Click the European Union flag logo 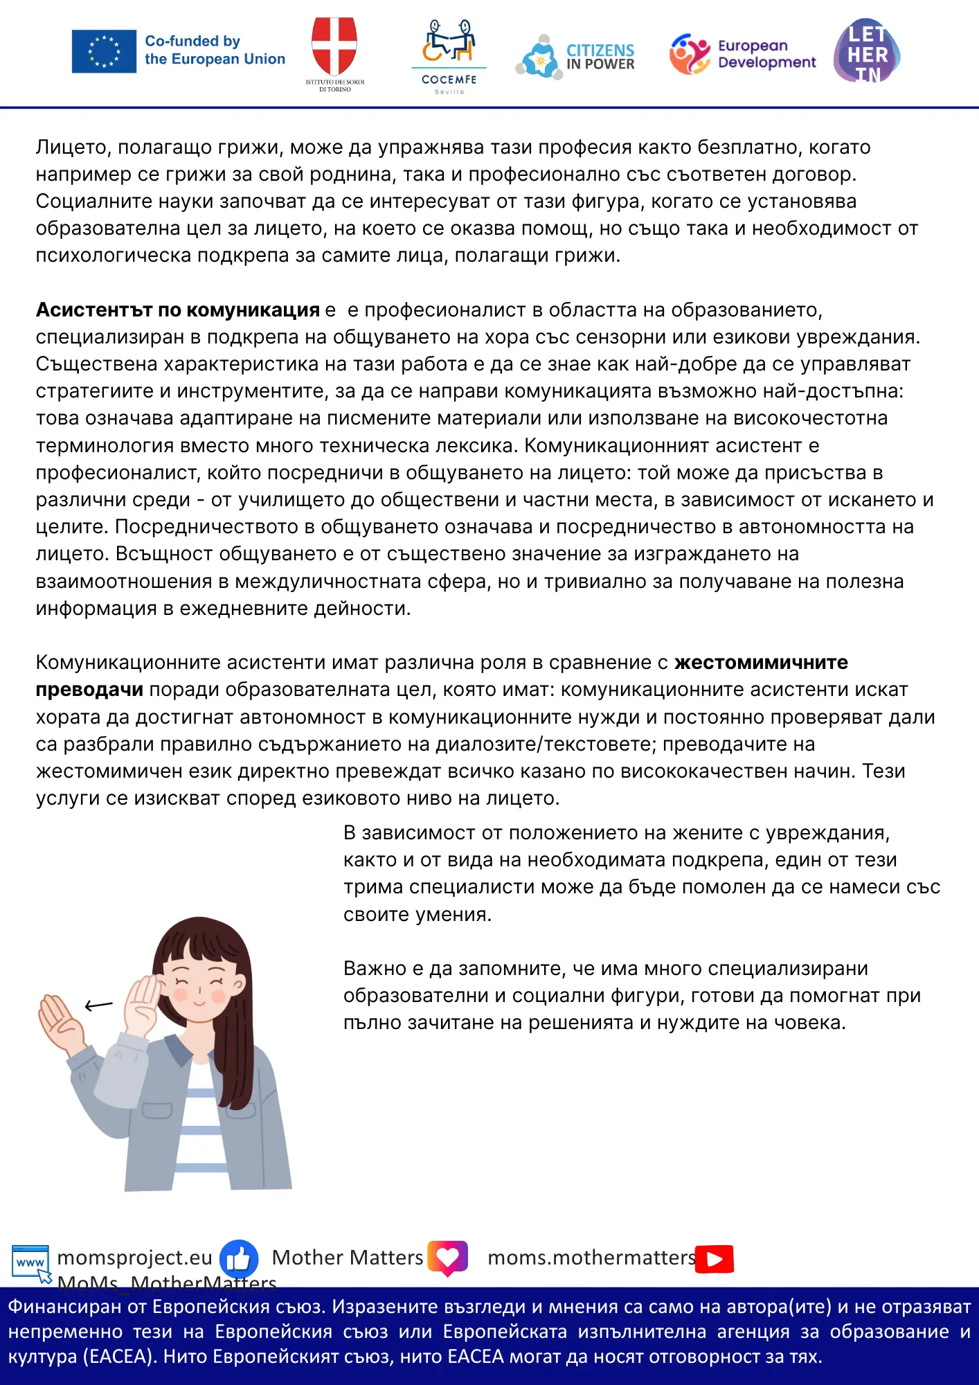click(104, 51)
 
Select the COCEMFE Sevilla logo click(449, 55)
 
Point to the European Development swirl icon click(690, 54)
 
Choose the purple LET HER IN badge click(867, 51)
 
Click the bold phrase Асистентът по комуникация click(177, 310)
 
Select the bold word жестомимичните click(761, 663)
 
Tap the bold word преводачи click(89, 690)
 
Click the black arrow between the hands click(98, 1005)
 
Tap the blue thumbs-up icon click(239, 1258)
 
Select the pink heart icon click(448, 1257)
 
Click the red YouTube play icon click(715, 1258)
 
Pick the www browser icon click(30, 1261)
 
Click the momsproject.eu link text click(134, 1258)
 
